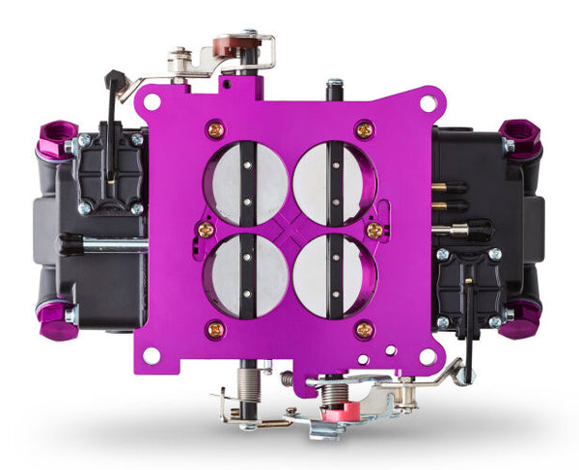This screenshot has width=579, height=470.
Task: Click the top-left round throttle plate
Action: point(246,183)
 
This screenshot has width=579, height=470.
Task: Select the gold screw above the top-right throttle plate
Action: point(363,128)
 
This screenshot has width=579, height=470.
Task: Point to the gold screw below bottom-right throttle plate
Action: point(364,330)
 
